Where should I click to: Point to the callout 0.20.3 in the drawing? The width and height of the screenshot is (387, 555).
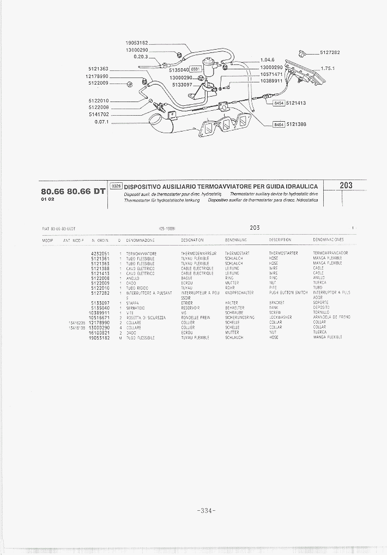point(141,57)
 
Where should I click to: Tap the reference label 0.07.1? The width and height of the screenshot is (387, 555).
point(102,122)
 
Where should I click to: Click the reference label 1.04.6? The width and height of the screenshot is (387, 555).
point(267,59)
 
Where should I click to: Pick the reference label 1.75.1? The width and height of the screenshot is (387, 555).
point(328,69)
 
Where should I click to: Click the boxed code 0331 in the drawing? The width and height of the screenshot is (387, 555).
point(196,69)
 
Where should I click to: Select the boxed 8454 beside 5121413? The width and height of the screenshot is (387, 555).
point(279,103)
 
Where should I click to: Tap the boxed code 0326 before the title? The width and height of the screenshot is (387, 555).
point(116,186)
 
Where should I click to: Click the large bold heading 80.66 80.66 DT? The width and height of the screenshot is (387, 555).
point(72,191)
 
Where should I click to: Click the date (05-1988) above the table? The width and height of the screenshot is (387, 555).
point(166,228)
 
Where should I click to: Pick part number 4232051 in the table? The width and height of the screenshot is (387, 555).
point(100,253)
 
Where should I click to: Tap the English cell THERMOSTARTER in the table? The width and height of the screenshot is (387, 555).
point(283,253)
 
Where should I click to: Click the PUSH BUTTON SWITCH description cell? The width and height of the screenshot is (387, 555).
point(288,293)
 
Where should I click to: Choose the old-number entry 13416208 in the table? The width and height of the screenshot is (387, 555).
point(76,322)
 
